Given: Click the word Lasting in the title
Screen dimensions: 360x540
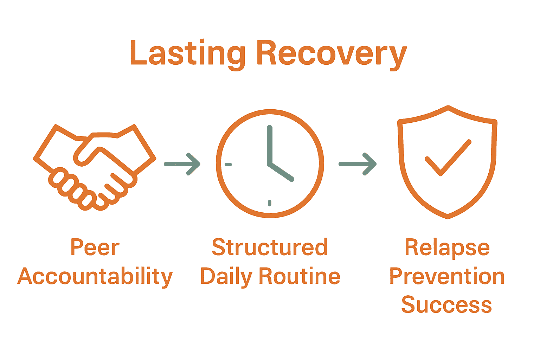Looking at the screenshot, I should pyautogui.click(x=187, y=54).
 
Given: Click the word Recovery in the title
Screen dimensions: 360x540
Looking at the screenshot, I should pyautogui.click(x=331, y=54).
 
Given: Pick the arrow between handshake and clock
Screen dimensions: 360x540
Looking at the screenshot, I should pyautogui.click(x=182, y=164).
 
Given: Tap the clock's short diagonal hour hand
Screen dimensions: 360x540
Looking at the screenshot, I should pyautogui.click(x=281, y=172).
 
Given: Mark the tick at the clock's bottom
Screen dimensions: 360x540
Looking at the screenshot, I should pyautogui.click(x=270, y=203).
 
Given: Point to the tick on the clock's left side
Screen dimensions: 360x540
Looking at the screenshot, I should pyautogui.click(x=228, y=164).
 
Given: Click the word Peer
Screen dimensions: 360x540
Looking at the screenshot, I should pyautogui.click(x=95, y=248).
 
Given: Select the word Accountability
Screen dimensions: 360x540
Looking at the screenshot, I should pyautogui.click(x=95, y=277).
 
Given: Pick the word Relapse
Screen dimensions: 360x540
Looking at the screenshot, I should pyautogui.click(x=447, y=248).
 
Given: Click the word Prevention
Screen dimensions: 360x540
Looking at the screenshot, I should pyautogui.click(x=447, y=276).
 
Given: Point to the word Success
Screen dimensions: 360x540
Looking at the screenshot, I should pyautogui.click(x=446, y=304).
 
